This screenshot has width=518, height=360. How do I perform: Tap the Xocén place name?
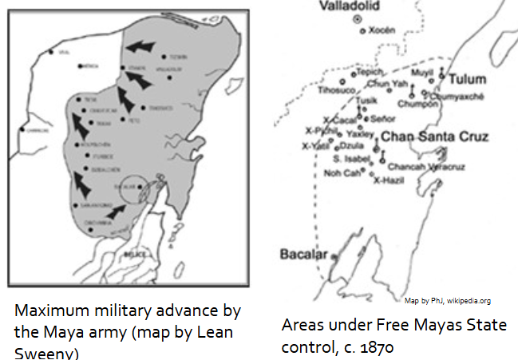point(381,30)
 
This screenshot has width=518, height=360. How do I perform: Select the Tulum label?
point(467,80)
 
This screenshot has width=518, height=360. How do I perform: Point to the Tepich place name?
point(370,72)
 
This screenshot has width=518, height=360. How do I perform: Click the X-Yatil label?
point(314,146)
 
